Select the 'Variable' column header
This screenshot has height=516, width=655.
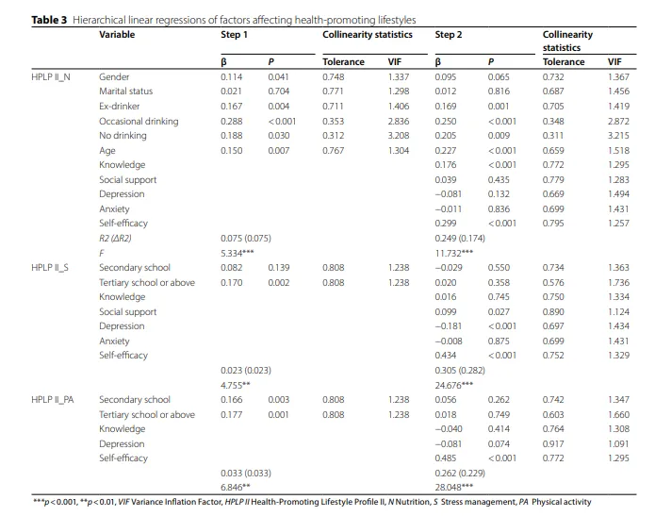117,35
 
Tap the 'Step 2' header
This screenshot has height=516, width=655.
449,35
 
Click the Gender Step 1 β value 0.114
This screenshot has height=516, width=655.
232,77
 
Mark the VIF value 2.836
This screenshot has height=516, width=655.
398,121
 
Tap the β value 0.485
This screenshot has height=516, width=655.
446,458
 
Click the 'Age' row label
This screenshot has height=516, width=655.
107,150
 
